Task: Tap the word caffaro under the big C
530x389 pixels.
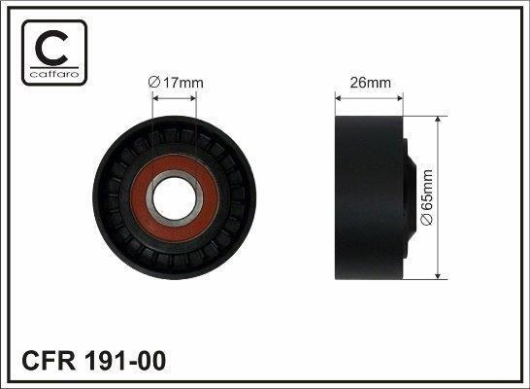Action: (54, 74)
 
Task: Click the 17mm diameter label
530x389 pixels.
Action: (176, 83)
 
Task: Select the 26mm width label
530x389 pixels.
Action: (370, 83)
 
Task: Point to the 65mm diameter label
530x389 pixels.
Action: (426, 197)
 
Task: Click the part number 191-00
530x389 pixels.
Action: (124, 361)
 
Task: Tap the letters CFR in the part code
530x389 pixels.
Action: (49, 361)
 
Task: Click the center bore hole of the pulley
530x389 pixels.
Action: (175, 198)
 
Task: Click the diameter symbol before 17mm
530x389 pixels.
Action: (153, 83)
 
